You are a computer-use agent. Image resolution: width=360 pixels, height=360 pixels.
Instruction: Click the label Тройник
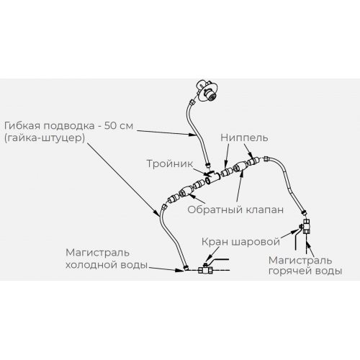click(x=170, y=163)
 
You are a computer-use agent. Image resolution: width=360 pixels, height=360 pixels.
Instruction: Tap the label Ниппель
click(x=244, y=138)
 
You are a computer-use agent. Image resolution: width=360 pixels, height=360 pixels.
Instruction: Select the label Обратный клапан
click(x=235, y=210)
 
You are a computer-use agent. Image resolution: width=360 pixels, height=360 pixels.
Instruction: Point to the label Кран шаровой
click(x=240, y=242)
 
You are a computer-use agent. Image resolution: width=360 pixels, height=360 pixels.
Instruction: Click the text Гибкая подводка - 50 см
click(x=68, y=126)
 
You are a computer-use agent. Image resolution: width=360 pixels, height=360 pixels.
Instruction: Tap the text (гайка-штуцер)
click(x=45, y=138)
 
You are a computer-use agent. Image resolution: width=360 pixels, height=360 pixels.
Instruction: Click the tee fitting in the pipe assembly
click(x=212, y=178)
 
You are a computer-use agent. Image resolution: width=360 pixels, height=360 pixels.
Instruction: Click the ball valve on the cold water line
click(x=204, y=269)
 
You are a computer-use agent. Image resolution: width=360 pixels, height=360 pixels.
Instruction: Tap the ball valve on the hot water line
click(x=305, y=226)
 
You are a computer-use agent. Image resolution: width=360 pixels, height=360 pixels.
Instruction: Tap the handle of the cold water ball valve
click(x=217, y=260)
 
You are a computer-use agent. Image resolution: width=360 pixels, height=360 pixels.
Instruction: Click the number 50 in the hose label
click(x=111, y=126)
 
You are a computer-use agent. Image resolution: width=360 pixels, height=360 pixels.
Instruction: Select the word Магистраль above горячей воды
click(x=300, y=260)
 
